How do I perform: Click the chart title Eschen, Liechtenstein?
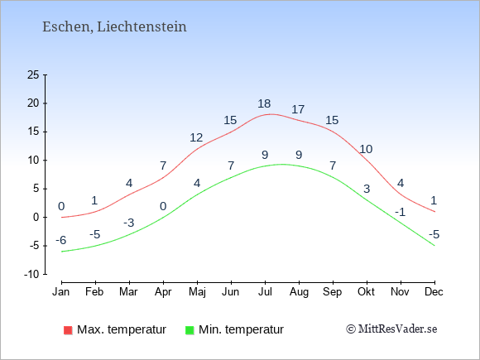(114, 26)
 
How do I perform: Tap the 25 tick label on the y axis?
(33, 74)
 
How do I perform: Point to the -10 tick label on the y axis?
(31, 274)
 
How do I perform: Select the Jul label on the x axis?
(265, 292)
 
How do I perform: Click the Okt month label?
(366, 292)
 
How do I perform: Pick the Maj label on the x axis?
(197, 292)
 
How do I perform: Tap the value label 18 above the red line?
(264, 103)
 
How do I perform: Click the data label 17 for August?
(298, 109)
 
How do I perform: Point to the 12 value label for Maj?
(196, 137)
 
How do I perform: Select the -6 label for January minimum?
(61, 240)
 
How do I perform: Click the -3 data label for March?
(129, 223)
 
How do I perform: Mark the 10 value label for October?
(366, 149)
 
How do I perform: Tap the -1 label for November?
(400, 212)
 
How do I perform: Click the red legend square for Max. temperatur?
(68, 330)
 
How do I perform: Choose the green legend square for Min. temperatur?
(190, 330)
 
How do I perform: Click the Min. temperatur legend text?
(241, 329)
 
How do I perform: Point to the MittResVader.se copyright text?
(391, 329)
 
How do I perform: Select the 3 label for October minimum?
(367, 189)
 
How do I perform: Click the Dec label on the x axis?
(434, 292)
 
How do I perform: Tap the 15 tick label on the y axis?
(33, 132)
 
